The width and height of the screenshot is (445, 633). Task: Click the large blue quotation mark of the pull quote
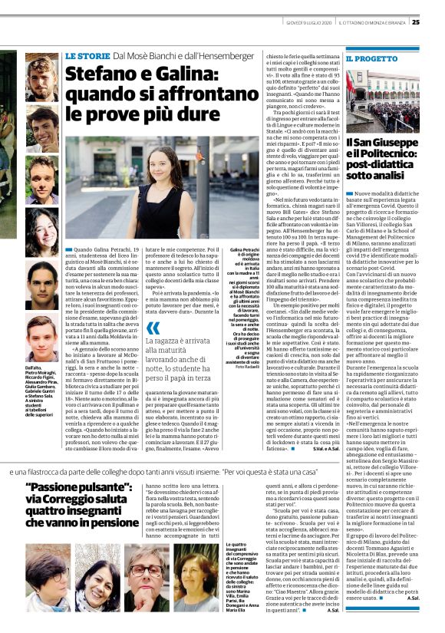click(153, 328)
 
